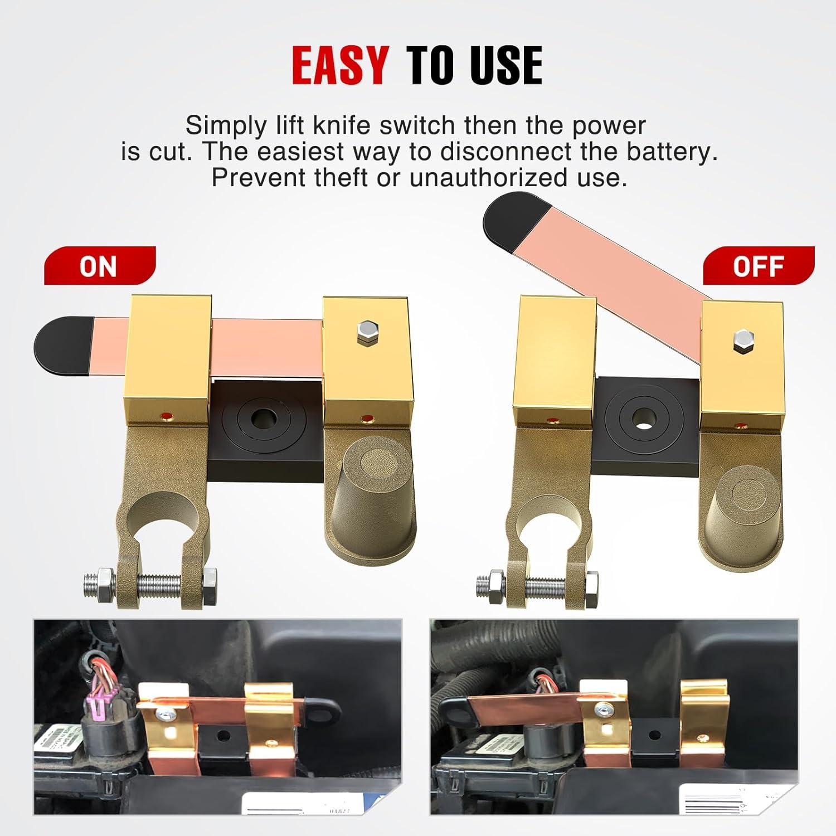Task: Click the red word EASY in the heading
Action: point(340,65)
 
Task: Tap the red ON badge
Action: point(99,266)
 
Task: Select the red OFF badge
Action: point(758,266)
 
